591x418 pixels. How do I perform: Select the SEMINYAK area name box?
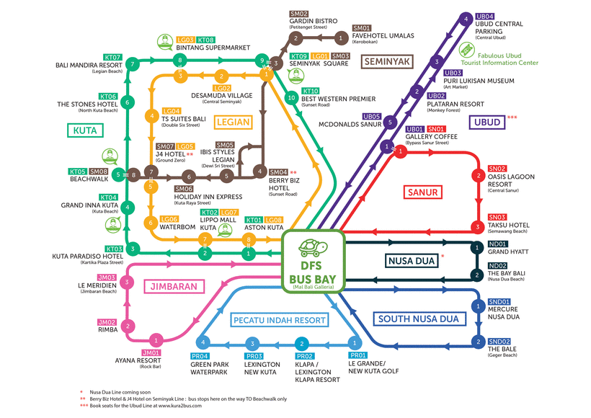click(386, 61)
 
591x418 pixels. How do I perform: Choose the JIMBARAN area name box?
click(174, 286)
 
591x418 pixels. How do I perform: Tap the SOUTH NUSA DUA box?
click(420, 319)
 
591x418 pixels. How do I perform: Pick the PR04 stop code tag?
click(200, 356)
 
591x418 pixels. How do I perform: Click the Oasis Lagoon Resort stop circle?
click(477, 175)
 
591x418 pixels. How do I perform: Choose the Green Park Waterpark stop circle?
click(204, 342)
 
